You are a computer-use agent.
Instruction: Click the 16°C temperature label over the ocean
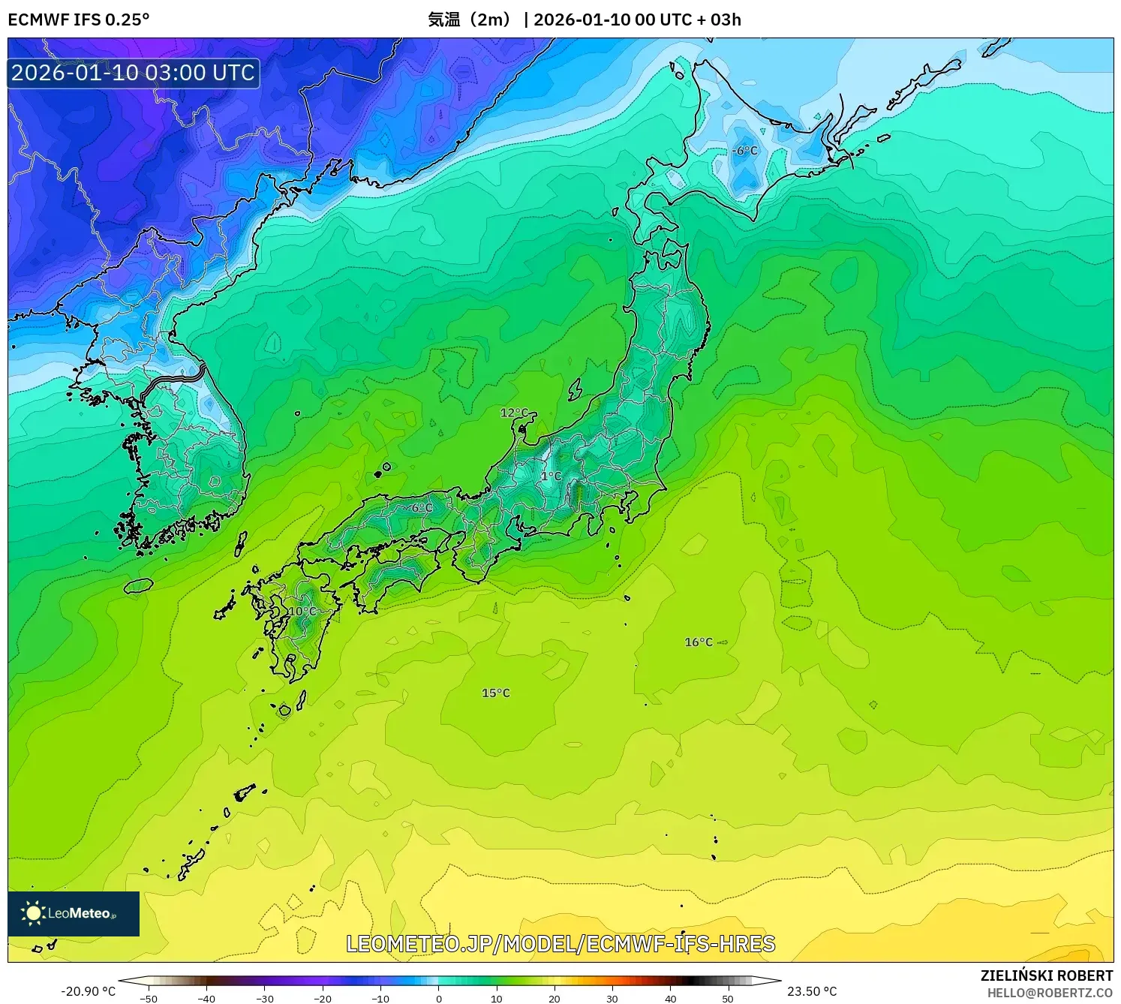[699, 642]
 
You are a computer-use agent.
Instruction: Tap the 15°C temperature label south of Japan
[495, 693]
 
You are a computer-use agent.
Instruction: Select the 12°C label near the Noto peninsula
[514, 413]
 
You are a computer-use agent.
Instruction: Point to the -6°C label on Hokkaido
[745, 151]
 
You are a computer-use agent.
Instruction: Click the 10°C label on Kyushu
[302, 612]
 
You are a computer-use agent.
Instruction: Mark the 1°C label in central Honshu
[551, 476]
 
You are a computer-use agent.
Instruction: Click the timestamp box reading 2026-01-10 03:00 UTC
[134, 73]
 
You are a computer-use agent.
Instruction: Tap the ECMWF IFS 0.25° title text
[79, 20]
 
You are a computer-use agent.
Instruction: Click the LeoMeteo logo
[74, 913]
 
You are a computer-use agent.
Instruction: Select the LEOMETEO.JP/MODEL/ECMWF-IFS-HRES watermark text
[560, 944]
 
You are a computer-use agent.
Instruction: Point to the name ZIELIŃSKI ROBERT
[1046, 975]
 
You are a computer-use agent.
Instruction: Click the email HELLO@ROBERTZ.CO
[1049, 993]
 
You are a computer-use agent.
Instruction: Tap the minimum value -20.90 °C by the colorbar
[88, 991]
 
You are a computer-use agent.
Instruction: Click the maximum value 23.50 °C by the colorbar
[812, 991]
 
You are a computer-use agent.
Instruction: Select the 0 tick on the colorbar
[439, 999]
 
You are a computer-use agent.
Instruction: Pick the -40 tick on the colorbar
[206, 999]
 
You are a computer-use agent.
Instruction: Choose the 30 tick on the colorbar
[612, 999]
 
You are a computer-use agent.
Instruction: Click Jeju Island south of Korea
[138, 585]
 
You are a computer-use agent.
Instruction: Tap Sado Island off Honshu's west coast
[575, 389]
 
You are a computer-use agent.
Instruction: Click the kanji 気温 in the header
[443, 20]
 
